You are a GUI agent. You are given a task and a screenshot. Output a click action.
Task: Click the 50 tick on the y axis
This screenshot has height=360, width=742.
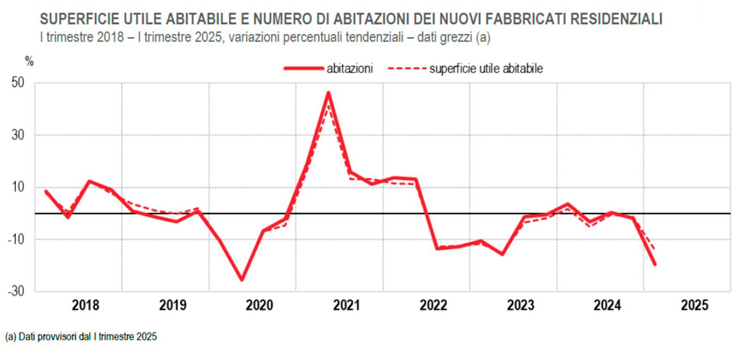pos(19,83)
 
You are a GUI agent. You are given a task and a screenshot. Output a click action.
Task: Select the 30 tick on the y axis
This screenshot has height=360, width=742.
pos(19,135)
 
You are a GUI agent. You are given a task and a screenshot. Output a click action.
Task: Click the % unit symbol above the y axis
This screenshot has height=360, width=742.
pos(29,60)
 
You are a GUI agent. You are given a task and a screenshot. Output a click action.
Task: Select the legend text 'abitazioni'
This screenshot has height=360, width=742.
pos(350,69)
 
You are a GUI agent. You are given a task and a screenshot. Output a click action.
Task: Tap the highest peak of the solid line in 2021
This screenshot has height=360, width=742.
pos(328,93)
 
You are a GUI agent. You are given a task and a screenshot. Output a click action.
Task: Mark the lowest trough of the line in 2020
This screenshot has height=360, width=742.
pos(241,280)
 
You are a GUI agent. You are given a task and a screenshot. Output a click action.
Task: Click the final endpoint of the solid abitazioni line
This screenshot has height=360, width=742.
pos(655,264)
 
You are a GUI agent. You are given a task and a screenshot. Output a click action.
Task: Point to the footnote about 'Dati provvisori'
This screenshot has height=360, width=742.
pos(80,337)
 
